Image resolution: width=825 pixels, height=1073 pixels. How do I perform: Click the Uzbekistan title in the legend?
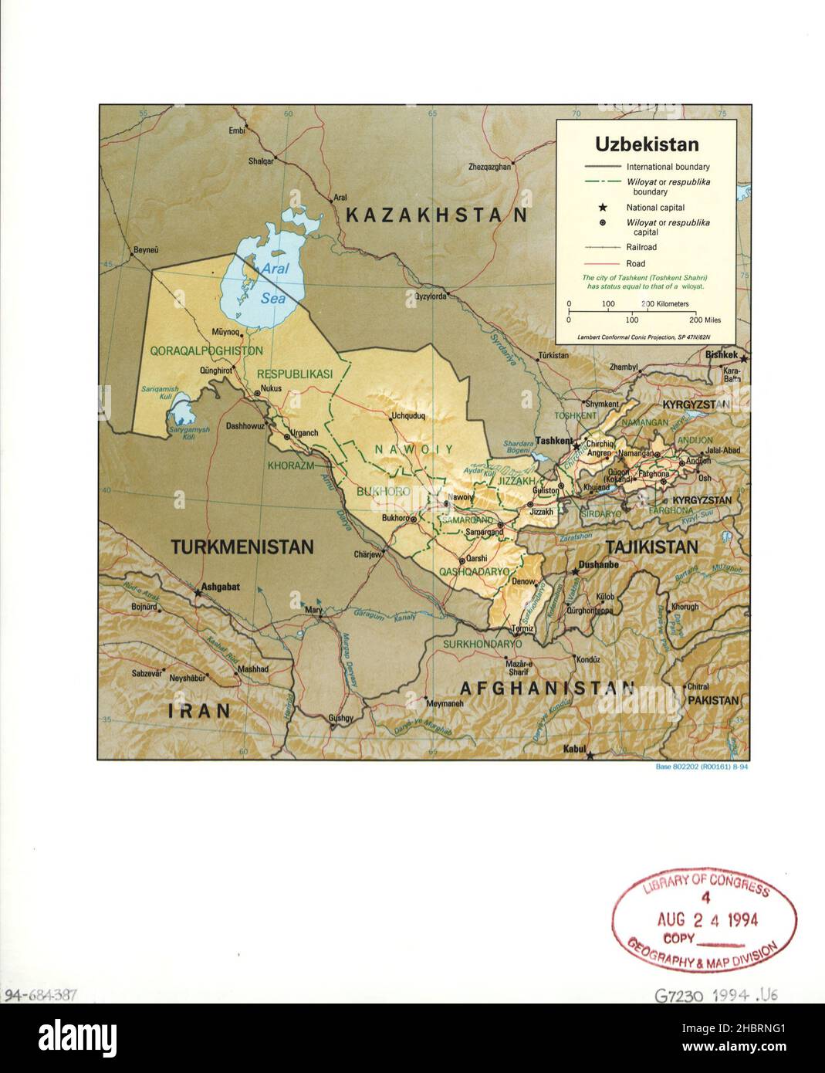[646, 144]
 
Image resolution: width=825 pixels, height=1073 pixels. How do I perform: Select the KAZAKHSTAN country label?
[436, 215]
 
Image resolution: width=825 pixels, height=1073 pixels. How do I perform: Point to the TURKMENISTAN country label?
[242, 547]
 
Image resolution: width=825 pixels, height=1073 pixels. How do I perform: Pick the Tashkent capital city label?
[552, 441]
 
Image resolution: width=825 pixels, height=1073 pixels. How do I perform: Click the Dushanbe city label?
[598, 565]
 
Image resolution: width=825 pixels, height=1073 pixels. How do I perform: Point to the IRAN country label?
[200, 710]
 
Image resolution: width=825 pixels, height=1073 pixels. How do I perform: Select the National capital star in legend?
[602, 208]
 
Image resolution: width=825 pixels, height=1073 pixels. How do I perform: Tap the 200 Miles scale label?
[705, 320]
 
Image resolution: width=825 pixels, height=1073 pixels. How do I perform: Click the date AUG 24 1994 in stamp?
[707, 919]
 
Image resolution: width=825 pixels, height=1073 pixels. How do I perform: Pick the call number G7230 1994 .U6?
[716, 996]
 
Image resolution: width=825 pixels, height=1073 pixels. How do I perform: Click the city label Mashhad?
[253, 669]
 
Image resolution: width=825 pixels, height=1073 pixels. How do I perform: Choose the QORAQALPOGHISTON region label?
[206, 350]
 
